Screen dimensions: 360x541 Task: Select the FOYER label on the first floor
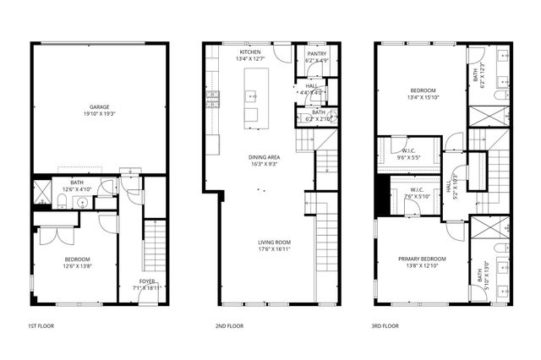147,281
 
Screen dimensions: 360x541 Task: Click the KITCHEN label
250,52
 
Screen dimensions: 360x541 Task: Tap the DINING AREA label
264,157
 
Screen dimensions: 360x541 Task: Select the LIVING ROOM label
275,243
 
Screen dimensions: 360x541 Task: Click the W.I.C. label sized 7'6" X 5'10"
417,190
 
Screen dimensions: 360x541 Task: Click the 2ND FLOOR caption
229,325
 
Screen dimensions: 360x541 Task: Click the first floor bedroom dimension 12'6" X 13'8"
77,266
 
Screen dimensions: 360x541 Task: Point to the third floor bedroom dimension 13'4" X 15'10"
423,96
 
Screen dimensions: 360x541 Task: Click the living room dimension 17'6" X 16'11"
275,250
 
